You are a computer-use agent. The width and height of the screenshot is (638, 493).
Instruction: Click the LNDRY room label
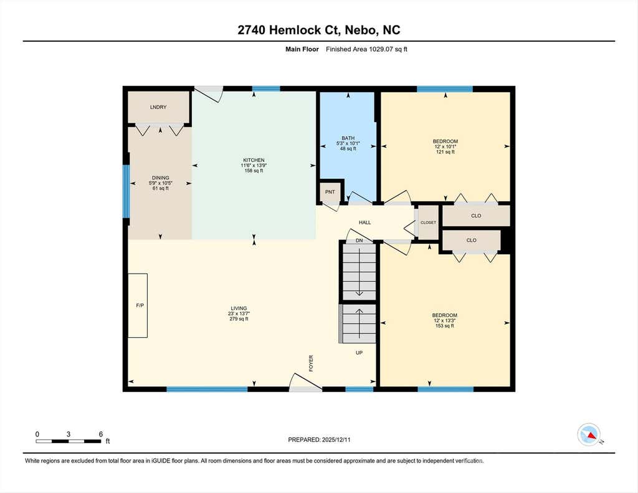[158, 107]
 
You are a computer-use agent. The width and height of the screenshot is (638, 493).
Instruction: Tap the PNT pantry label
[330, 192]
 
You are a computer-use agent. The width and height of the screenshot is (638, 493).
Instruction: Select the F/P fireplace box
[138, 305]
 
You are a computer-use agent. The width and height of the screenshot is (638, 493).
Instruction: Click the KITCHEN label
[254, 160]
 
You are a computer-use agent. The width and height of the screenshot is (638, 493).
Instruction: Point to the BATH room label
[348, 138]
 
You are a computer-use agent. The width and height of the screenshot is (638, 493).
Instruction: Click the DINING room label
[160, 178]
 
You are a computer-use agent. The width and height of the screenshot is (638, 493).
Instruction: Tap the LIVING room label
[239, 308]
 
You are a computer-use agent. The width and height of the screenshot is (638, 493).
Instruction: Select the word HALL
[364, 223]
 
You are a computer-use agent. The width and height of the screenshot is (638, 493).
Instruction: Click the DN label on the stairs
[359, 241]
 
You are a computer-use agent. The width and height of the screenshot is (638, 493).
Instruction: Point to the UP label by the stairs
[359, 353]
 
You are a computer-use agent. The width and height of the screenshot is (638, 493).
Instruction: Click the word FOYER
[312, 363]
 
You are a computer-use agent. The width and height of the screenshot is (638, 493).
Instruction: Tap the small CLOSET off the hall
[428, 223]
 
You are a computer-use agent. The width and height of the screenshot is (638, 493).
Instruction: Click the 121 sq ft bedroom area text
[445, 152]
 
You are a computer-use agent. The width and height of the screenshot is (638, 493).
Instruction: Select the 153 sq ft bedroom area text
[445, 326]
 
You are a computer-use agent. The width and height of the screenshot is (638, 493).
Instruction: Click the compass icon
[589, 435]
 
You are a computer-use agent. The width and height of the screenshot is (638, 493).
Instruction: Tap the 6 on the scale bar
[101, 434]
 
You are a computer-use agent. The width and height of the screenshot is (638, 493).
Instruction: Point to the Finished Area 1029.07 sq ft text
[366, 49]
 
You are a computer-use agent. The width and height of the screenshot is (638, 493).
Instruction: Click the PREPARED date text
[319, 439]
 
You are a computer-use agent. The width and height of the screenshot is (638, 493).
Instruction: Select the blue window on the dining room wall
[126, 191]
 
